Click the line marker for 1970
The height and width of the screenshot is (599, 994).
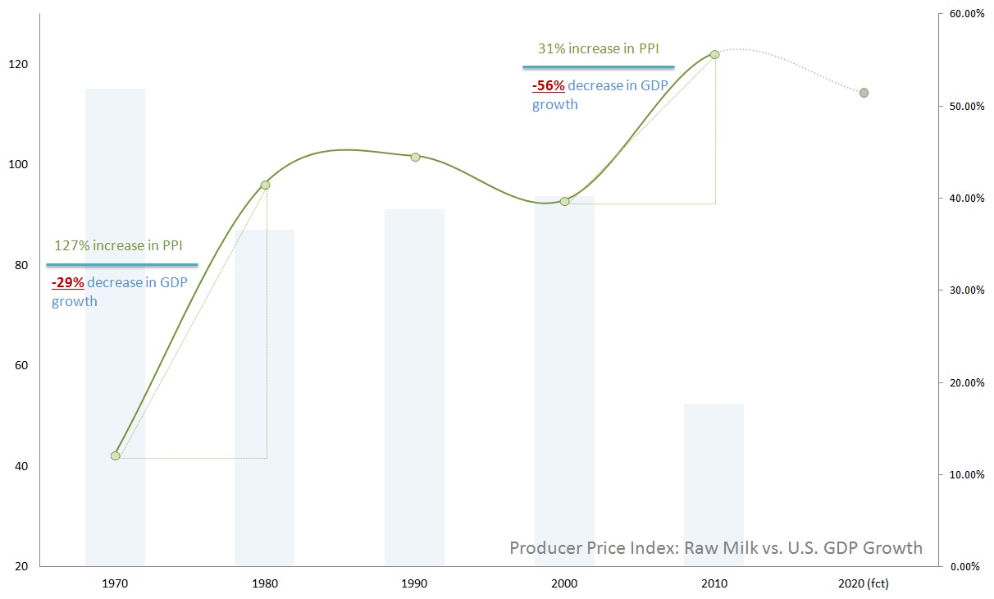pyautogui.click(x=115, y=455)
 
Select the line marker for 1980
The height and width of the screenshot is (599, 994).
pyautogui.click(x=265, y=185)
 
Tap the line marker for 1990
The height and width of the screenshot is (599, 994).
pyautogui.click(x=415, y=157)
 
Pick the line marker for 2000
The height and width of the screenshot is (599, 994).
pyautogui.click(x=564, y=201)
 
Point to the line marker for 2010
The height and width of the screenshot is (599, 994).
pyautogui.click(x=714, y=54)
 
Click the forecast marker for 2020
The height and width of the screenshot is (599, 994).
pyautogui.click(x=864, y=93)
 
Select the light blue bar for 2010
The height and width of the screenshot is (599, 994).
pyautogui.click(x=714, y=484)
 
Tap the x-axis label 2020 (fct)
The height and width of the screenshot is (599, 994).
pyautogui.click(x=863, y=584)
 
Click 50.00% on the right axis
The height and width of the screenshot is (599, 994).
pyautogui.click(x=966, y=107)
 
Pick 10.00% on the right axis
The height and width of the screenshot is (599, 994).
pyautogui.click(x=966, y=475)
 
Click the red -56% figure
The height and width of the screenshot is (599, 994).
pyautogui.click(x=548, y=85)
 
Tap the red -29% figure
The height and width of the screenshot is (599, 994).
pyautogui.click(x=67, y=283)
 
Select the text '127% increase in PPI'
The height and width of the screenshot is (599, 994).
pyautogui.click(x=118, y=245)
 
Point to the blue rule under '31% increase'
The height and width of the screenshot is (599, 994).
pyautogui.click(x=599, y=66)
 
